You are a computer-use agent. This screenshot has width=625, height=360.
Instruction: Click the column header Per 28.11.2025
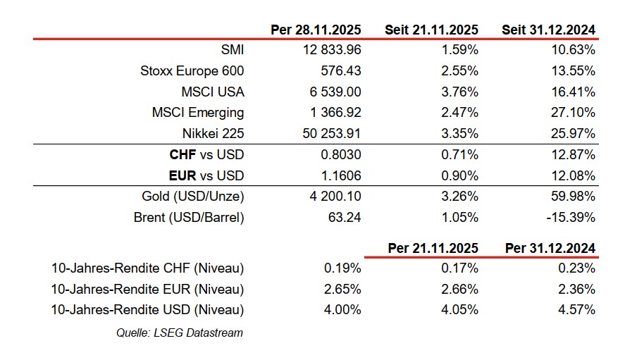(316, 30)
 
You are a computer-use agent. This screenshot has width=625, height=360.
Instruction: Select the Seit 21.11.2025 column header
(431, 30)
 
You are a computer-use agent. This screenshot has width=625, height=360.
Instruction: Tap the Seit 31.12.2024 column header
(548, 30)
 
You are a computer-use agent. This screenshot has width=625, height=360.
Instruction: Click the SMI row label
(232, 50)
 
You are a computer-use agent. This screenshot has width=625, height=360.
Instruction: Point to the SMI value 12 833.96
(330, 50)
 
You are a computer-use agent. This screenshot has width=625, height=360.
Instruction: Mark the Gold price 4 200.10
(335, 197)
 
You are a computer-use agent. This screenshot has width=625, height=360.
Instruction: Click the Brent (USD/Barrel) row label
(189, 217)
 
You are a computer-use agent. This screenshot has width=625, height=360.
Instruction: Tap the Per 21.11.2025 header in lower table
(433, 248)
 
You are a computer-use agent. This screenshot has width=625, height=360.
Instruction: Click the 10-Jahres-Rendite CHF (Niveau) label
(148, 268)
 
